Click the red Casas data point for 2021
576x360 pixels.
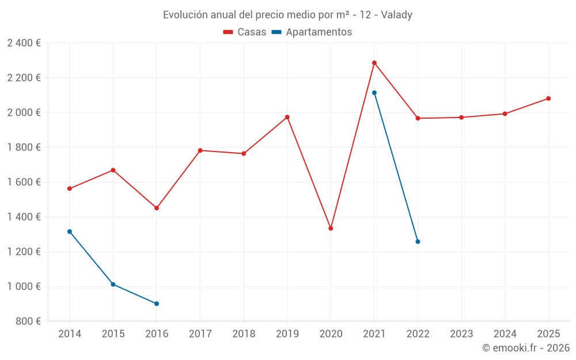tap(374, 63)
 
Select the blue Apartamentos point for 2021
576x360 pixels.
tap(374, 93)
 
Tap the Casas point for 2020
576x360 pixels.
tap(331, 229)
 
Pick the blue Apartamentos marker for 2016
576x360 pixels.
tap(157, 304)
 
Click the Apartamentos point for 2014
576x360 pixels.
tap(70, 232)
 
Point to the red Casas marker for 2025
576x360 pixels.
tap(548, 98)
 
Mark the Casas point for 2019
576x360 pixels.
tap(287, 117)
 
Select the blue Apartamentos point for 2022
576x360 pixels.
tap(418, 241)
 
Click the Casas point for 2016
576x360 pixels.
tap(157, 208)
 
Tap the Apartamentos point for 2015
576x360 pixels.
tap(113, 285)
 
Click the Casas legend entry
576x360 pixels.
tap(245, 32)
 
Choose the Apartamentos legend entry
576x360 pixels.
tap(312, 32)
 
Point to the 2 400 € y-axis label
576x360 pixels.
tap(24, 43)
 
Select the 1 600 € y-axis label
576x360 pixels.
tap(24, 182)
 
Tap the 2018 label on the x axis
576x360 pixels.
tap(244, 334)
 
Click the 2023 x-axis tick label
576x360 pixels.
tap(461, 334)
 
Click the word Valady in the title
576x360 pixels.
tap(396, 15)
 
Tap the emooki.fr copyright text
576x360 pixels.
tap(526, 348)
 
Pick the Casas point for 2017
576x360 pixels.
tap(200, 150)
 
